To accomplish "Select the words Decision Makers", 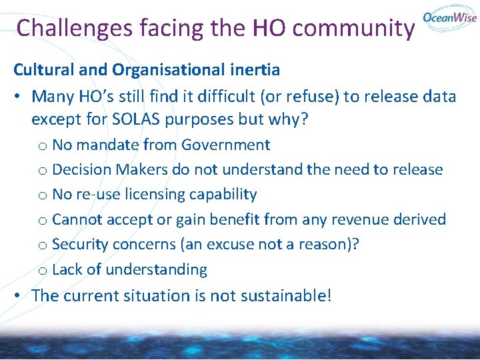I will (x=110, y=169).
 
